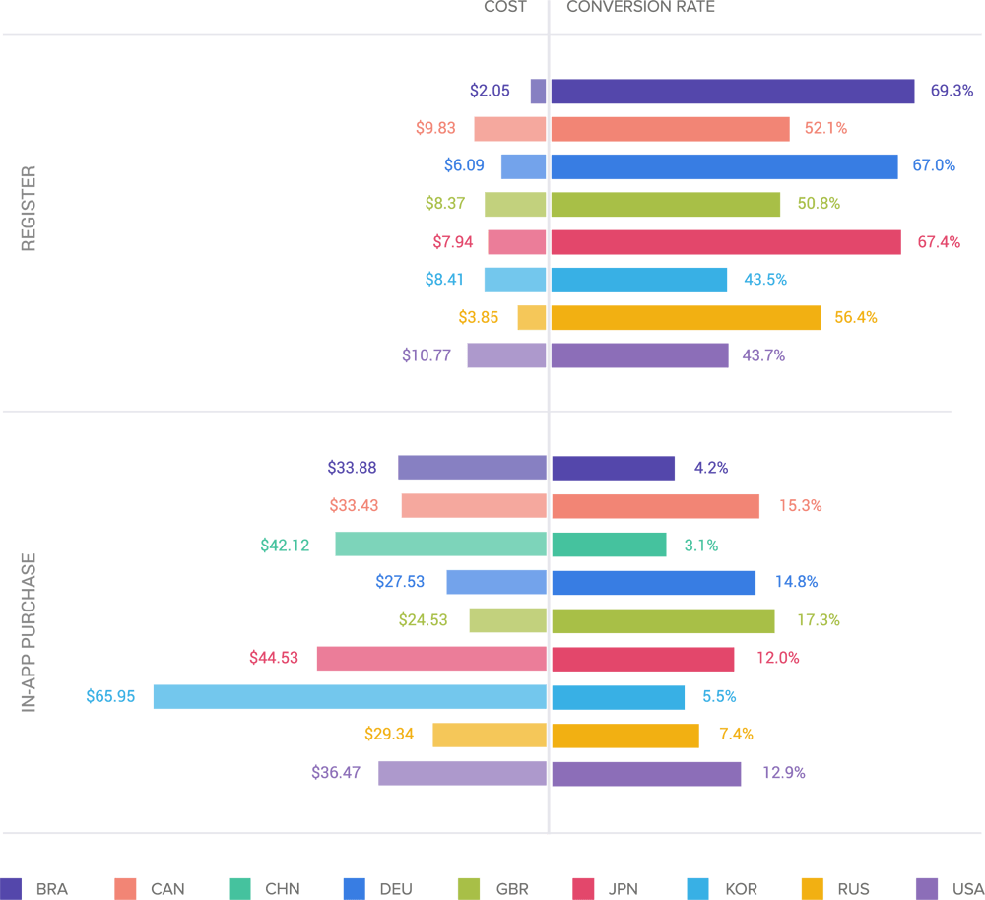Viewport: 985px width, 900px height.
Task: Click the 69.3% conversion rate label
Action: point(952,91)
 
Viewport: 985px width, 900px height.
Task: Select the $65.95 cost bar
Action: point(350,697)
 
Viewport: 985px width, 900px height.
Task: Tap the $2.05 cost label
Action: point(490,91)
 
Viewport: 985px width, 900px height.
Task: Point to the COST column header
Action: point(504,7)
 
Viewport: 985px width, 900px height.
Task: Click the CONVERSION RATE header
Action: point(640,7)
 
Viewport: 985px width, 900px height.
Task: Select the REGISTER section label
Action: point(29,208)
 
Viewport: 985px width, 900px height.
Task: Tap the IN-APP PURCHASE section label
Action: point(29,632)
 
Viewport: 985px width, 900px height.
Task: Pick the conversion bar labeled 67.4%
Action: point(725,242)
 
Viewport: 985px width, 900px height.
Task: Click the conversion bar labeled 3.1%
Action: point(609,545)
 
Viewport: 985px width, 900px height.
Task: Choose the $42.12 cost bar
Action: point(440,545)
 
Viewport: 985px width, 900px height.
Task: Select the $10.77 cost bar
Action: point(506,355)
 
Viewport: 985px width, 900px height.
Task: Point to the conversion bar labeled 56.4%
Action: point(686,318)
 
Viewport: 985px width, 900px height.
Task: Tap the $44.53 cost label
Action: point(274,658)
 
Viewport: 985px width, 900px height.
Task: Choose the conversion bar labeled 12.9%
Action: point(646,773)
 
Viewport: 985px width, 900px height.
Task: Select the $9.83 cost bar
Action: point(510,129)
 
